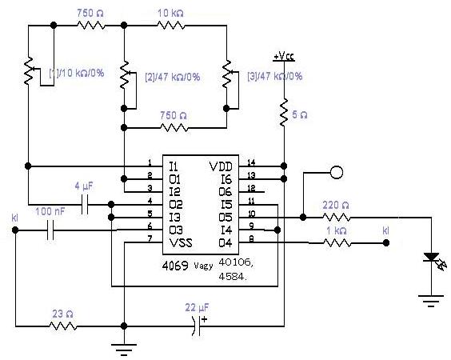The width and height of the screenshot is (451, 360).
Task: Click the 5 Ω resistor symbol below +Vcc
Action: click(284, 113)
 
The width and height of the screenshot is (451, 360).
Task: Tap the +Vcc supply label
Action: click(284, 57)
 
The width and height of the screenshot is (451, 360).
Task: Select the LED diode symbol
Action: click(433, 260)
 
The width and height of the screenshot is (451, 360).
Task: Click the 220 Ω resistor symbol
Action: click(336, 218)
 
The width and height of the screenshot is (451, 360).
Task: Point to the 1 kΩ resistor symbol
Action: click(337, 243)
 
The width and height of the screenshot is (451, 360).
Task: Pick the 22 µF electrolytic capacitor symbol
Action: click(198, 326)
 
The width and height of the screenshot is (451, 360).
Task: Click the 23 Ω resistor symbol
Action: click(63, 326)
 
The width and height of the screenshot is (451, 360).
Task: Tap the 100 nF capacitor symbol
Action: click(50, 230)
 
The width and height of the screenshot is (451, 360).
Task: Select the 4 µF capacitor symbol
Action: click(85, 205)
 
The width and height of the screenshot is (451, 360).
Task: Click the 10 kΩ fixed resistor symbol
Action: click(171, 26)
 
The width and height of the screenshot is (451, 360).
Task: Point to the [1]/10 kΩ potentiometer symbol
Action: click(29, 71)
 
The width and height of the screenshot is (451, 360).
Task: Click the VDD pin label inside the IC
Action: click(221, 166)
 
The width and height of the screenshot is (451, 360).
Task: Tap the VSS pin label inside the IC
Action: click(181, 243)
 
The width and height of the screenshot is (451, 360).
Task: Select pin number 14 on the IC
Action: click(251, 162)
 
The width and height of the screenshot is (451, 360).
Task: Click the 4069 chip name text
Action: click(175, 266)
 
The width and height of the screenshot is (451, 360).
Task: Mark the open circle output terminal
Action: click(337, 172)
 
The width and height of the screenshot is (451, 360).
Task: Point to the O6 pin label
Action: click(225, 192)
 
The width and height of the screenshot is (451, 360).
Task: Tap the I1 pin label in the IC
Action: click(174, 166)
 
